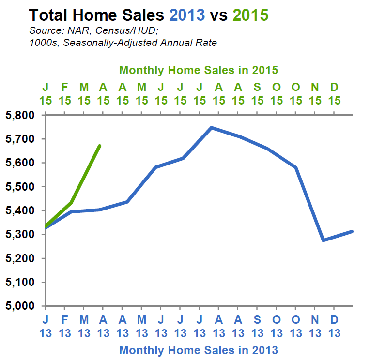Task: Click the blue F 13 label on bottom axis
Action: point(64,327)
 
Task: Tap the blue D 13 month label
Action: point(334,327)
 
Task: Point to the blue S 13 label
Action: point(257,327)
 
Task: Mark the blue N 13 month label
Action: point(315,327)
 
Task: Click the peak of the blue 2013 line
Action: point(212,128)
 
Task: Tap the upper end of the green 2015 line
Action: point(99,146)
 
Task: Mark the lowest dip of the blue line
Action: point(323,240)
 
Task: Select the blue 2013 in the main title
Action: point(187,15)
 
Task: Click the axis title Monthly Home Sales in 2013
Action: point(199,349)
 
